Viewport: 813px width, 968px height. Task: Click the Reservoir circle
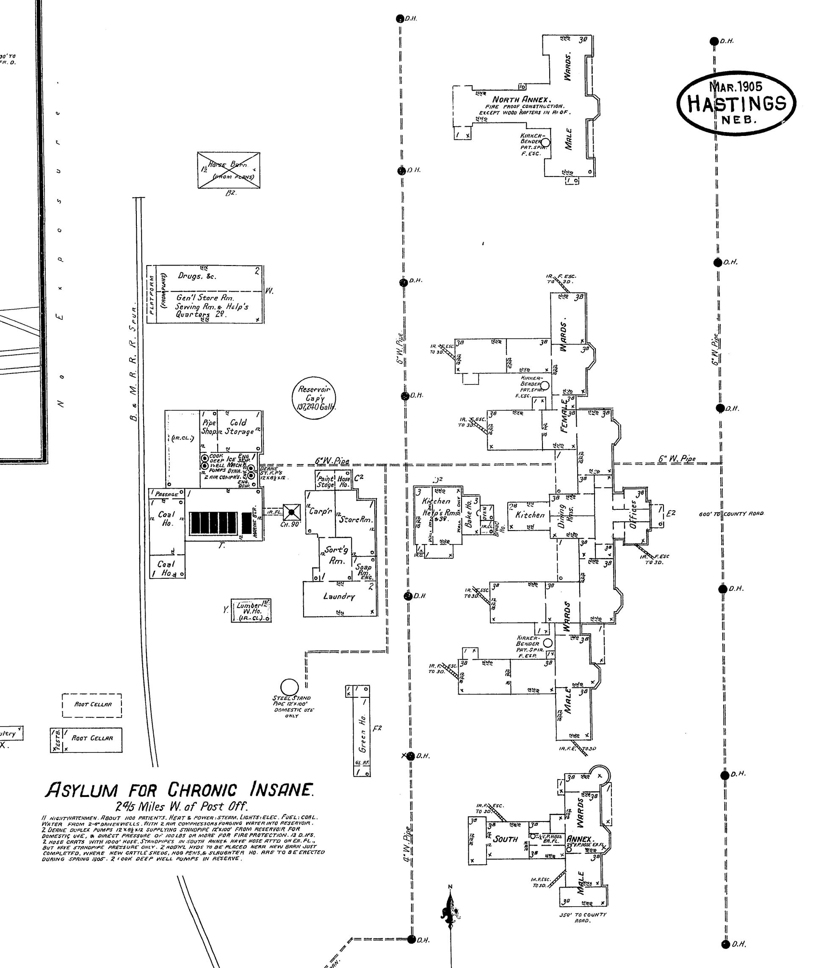tap(314, 397)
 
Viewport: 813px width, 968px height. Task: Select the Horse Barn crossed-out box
tap(228, 170)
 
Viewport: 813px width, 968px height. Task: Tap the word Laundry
tap(339, 596)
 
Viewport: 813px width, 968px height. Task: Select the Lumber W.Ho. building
tap(251, 611)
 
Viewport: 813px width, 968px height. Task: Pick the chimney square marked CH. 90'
tap(291, 512)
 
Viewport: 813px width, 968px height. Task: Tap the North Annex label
tap(522, 99)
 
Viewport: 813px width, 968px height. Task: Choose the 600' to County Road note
tap(731, 514)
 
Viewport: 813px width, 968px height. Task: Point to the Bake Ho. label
tap(469, 514)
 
